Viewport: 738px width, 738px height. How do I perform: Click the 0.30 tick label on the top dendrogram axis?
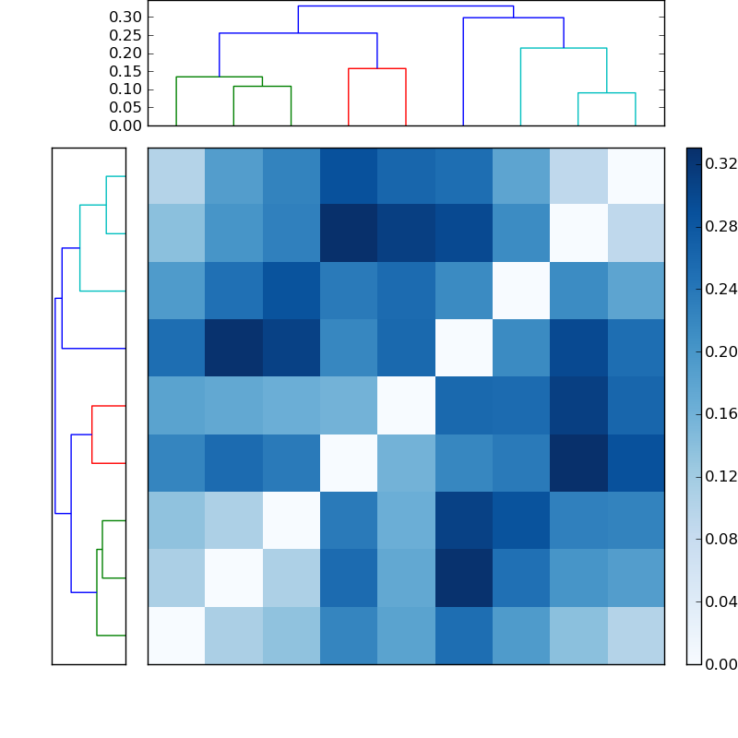point(125,17)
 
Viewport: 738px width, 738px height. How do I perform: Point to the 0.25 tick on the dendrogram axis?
point(125,35)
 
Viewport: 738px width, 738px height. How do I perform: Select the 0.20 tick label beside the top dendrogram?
point(125,53)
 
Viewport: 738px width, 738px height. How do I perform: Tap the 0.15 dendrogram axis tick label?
point(125,71)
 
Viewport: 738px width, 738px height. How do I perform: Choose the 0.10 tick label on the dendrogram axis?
point(125,89)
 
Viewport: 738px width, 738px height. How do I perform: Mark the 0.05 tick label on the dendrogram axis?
point(125,107)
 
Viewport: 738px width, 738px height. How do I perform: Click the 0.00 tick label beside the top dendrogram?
point(125,125)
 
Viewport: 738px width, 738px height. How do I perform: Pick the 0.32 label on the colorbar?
point(720,163)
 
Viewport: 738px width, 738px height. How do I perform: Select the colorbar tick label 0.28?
point(720,226)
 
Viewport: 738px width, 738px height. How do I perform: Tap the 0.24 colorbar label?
point(720,289)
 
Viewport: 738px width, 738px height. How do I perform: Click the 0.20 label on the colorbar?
point(720,351)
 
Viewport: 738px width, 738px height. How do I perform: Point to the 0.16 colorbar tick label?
point(720,414)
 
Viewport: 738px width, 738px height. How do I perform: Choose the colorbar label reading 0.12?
point(720,477)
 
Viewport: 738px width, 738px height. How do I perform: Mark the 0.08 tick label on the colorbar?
point(720,540)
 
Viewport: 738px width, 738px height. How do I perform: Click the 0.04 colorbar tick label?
point(720,602)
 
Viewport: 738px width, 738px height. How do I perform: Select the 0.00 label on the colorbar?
point(720,664)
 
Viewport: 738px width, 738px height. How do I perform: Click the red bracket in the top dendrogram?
point(376,69)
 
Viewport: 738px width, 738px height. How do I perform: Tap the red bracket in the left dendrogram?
point(92,434)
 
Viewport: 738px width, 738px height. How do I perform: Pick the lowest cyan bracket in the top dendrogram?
point(606,93)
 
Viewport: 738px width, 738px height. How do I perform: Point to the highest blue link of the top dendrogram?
point(406,6)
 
